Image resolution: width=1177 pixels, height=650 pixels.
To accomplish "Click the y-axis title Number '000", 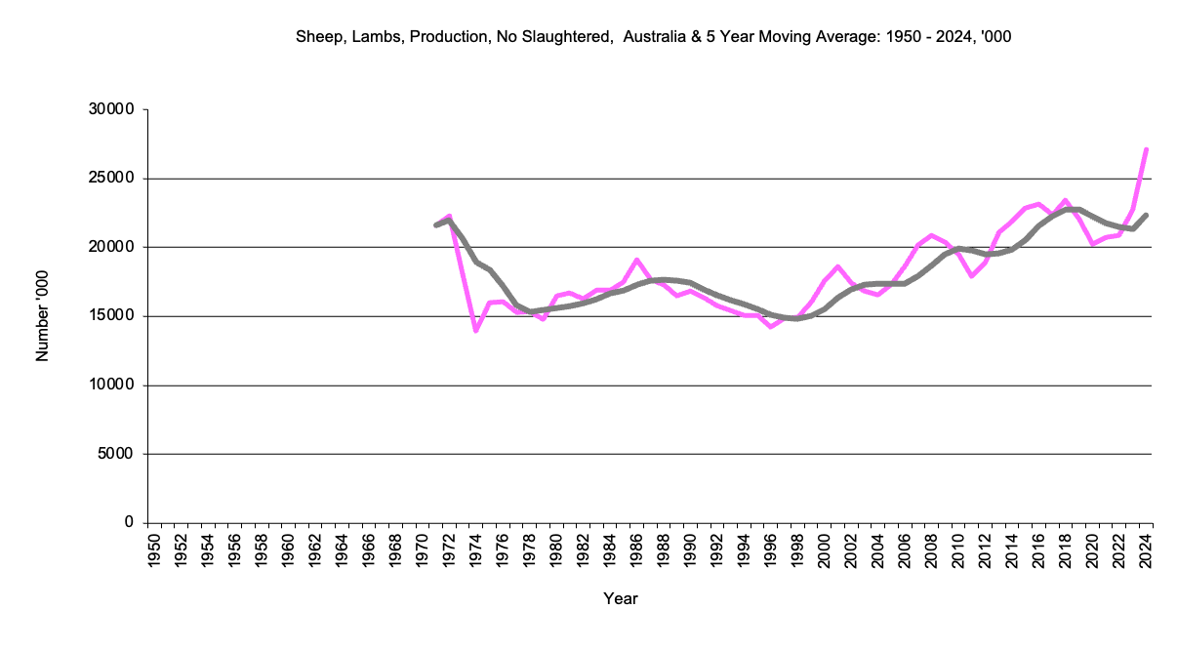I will (42, 316).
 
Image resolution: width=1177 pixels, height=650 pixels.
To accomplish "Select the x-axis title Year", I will (621, 598).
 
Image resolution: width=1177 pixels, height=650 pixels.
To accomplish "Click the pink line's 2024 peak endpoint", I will (1147, 149).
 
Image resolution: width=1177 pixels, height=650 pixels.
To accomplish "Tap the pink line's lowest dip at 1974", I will (475, 331).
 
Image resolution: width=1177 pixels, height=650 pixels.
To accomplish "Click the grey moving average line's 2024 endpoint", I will (1147, 215).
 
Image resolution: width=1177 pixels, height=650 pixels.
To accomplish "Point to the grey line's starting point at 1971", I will (435, 225).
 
